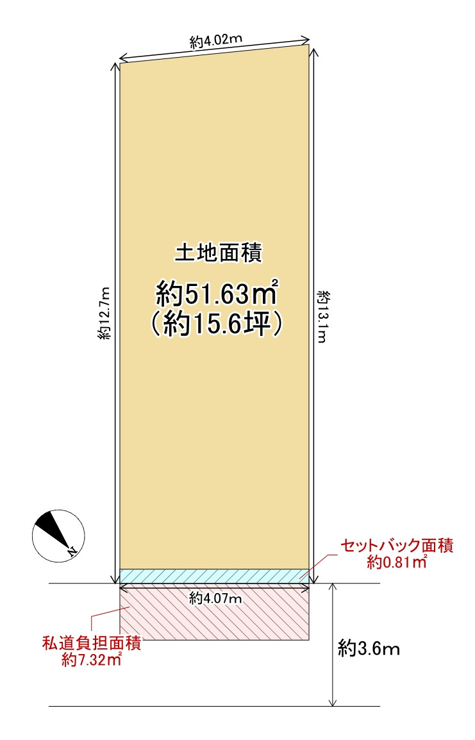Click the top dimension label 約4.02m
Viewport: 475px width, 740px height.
(215, 43)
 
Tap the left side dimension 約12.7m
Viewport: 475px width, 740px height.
(105, 313)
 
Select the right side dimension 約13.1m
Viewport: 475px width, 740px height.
(322, 316)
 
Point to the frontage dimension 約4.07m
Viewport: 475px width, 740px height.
(215, 599)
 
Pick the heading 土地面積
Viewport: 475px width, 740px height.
(217, 253)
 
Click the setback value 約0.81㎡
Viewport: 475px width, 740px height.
(397, 563)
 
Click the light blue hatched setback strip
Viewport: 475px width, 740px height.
(215, 576)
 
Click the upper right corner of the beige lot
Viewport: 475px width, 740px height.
(309, 45)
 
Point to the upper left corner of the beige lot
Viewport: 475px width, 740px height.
(121, 63)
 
